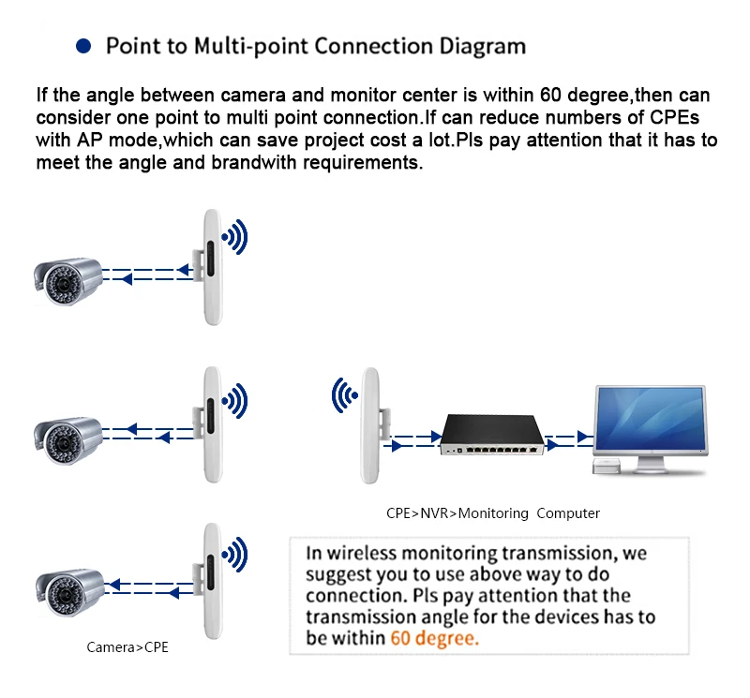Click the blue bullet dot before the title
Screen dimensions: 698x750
(83, 45)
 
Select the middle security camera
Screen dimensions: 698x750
(67, 437)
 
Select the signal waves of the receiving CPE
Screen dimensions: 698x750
(343, 396)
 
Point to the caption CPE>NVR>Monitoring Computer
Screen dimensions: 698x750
(493, 513)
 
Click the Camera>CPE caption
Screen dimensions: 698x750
(127, 647)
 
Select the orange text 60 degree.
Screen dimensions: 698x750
(434, 638)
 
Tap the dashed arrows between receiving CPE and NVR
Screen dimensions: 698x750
(412, 441)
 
